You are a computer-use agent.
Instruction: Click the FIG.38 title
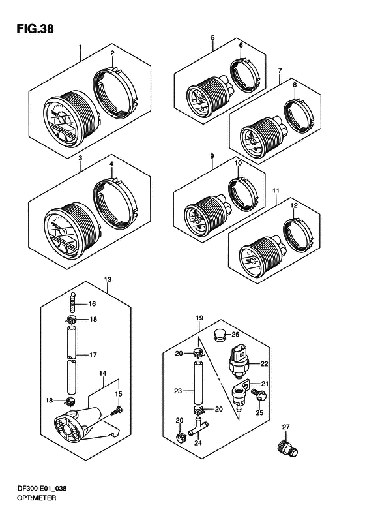(x=35, y=29)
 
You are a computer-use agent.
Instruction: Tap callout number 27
(x=285, y=427)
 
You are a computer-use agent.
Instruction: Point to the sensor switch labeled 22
(x=239, y=361)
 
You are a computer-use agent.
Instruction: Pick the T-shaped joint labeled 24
(x=197, y=426)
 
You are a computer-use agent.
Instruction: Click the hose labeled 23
(x=198, y=383)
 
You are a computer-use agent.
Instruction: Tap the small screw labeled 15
(x=117, y=410)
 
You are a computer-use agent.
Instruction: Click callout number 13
(x=108, y=280)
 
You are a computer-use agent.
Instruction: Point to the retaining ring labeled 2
(x=115, y=93)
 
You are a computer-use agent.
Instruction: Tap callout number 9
(x=212, y=156)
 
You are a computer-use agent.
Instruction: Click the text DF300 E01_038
(x=42, y=489)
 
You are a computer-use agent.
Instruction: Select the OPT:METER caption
(x=36, y=498)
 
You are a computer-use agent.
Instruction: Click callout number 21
(x=265, y=384)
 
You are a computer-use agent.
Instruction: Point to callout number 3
(x=80, y=158)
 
